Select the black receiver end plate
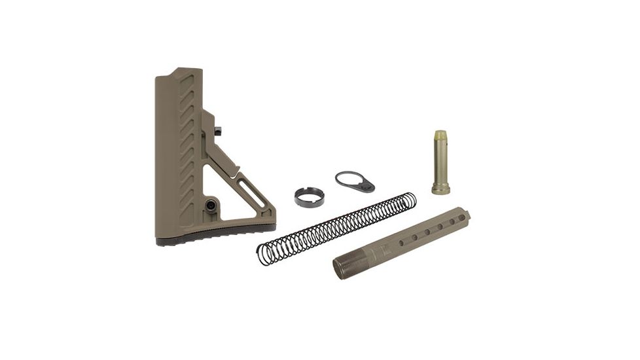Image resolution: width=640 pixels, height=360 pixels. (x=355, y=181)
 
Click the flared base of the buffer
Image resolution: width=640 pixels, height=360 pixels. (x=440, y=189)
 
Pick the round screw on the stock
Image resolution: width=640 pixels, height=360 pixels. (x=211, y=204)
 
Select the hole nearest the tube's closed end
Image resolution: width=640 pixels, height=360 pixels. (x=461, y=217)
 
